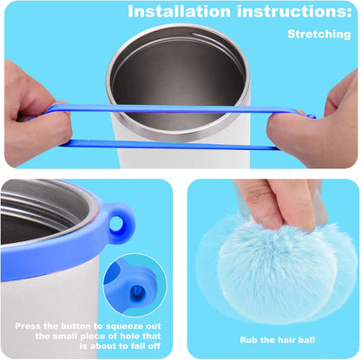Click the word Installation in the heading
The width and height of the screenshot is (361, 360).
click(x=180, y=11)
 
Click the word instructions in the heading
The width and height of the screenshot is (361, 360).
click(x=294, y=11)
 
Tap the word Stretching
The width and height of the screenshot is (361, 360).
click(x=319, y=34)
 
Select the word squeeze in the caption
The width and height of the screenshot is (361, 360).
click(x=123, y=327)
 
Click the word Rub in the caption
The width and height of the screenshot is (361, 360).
click(x=247, y=340)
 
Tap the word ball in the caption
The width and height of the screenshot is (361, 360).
click(x=306, y=340)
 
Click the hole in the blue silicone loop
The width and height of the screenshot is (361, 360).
click(x=117, y=224)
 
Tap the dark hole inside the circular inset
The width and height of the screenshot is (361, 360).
click(x=136, y=292)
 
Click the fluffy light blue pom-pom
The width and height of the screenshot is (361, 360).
click(x=278, y=269)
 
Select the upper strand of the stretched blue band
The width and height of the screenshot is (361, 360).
click(x=180, y=109)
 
